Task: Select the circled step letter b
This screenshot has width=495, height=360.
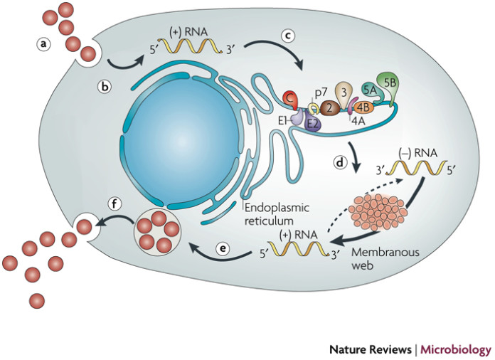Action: click(x=105, y=88)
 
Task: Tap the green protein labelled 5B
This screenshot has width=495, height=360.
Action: click(x=390, y=83)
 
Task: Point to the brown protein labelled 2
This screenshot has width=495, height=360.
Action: click(x=330, y=108)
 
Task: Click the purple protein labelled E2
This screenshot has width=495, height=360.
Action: click(x=313, y=123)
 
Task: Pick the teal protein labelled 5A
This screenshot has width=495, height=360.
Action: click(x=368, y=91)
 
